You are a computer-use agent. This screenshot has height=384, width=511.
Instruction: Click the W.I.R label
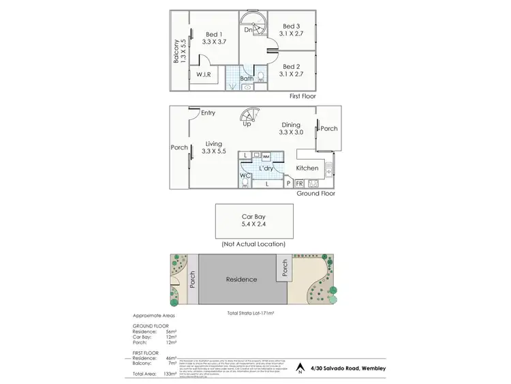click(x=202, y=74)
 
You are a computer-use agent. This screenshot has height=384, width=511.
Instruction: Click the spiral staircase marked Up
click(x=247, y=119)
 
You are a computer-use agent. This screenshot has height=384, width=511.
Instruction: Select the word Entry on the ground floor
click(x=208, y=113)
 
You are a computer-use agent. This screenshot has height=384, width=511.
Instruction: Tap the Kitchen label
click(x=307, y=168)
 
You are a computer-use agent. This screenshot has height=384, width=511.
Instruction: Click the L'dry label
click(x=266, y=168)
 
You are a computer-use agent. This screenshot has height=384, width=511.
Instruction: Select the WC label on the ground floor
click(x=245, y=176)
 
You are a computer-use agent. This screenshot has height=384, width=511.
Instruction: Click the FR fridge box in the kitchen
click(x=299, y=183)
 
